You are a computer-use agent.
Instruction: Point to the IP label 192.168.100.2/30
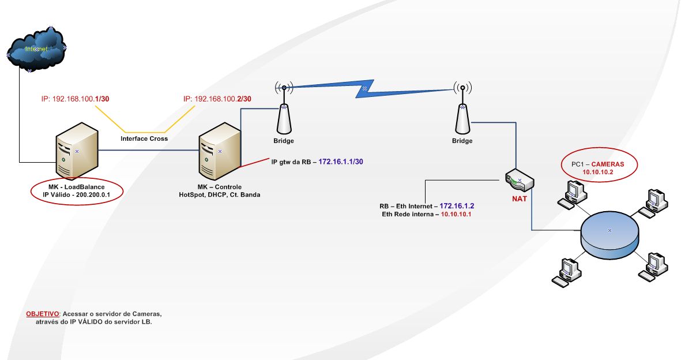tap(217, 99)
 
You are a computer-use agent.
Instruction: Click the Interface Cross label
tap(144, 138)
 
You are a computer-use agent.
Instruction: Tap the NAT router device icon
tap(519, 181)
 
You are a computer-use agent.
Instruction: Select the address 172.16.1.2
tap(461, 205)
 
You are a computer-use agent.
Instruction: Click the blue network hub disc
tap(610, 231)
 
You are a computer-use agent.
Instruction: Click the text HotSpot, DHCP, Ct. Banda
tap(220, 195)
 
